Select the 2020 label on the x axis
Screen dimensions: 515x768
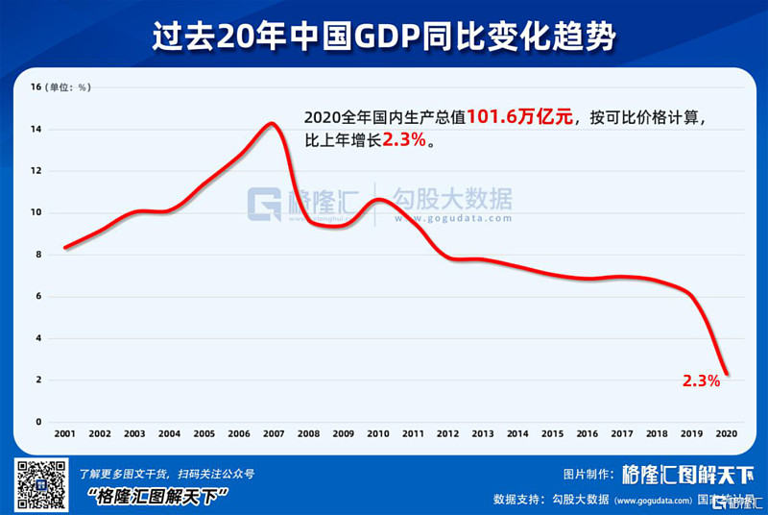point(728,434)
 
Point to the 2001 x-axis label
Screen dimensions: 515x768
point(64,434)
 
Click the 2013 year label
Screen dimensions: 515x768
point(483,434)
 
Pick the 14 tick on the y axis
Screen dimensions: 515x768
point(36,129)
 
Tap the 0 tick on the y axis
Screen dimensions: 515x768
point(38,422)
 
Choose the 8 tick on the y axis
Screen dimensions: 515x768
point(38,255)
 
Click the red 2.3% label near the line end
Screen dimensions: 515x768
point(701,380)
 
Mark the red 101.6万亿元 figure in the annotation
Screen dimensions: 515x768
point(519,117)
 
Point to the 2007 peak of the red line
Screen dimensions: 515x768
point(272,123)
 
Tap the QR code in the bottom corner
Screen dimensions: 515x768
point(41,484)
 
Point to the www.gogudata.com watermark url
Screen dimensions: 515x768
point(451,219)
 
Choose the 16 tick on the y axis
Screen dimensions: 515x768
point(36,87)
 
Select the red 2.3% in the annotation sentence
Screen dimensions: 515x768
point(404,140)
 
